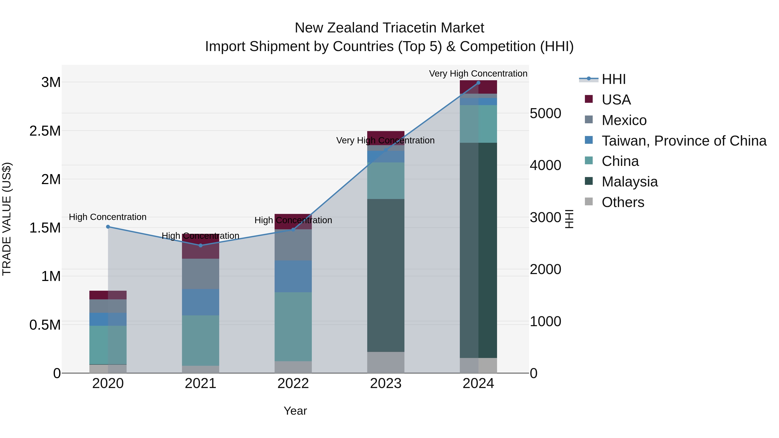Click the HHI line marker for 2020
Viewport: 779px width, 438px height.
[108, 227]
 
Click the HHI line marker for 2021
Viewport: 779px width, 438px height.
[201, 245]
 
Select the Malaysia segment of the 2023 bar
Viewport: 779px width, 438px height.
[386, 275]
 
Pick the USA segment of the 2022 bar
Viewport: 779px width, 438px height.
[293, 221]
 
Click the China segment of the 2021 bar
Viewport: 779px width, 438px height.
[201, 340]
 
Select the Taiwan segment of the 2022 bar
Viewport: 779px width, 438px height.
[293, 276]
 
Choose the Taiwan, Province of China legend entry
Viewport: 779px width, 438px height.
[684, 141]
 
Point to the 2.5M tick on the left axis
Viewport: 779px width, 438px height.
[45, 131]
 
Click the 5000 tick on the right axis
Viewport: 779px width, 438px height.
[545, 114]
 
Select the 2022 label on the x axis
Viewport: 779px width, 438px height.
[293, 383]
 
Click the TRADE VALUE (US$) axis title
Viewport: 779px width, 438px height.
[7, 219]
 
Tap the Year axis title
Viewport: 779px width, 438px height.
[295, 411]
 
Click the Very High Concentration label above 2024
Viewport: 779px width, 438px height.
[478, 74]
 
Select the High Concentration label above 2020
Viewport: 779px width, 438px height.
[108, 217]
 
